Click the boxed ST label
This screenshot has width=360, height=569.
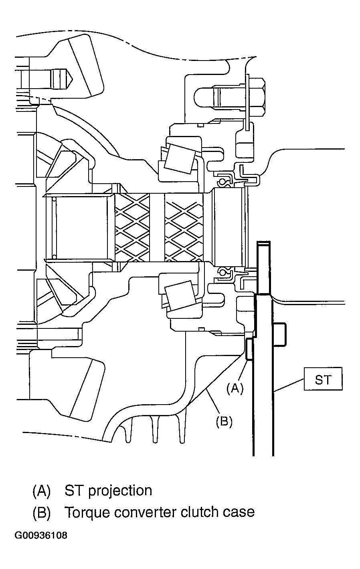(x=323, y=379)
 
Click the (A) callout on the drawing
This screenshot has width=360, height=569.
(x=235, y=388)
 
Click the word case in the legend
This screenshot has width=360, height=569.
(x=239, y=512)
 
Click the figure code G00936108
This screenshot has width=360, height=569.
(x=41, y=535)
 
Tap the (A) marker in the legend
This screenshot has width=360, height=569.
(x=42, y=491)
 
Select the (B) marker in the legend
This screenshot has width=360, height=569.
(x=42, y=512)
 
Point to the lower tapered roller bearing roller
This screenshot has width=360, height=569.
(x=180, y=296)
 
